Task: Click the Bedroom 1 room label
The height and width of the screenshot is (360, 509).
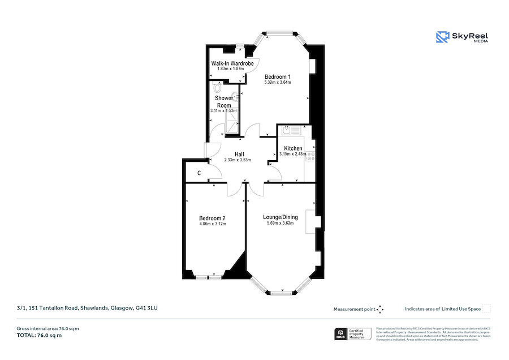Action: (x=277, y=76)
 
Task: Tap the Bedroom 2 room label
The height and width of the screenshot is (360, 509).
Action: (x=213, y=218)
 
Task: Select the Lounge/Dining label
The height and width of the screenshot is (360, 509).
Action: (x=281, y=217)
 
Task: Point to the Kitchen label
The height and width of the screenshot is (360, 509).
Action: (x=293, y=148)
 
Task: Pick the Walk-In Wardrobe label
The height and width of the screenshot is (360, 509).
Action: (x=232, y=63)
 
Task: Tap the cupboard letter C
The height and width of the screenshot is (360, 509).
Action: (x=199, y=173)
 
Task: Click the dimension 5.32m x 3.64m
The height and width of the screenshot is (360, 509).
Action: (x=277, y=83)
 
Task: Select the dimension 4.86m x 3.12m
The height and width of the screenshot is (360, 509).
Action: (x=213, y=224)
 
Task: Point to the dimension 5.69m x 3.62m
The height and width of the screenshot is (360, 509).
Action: (x=281, y=223)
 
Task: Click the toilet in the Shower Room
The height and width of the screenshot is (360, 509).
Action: (x=218, y=88)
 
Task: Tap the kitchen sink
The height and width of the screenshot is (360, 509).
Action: (x=288, y=131)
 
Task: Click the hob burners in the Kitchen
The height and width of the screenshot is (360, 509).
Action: (x=310, y=157)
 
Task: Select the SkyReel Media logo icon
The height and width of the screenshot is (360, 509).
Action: (x=442, y=37)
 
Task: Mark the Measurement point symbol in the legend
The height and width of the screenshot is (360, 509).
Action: (x=380, y=309)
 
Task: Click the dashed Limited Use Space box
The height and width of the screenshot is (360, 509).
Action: (x=486, y=308)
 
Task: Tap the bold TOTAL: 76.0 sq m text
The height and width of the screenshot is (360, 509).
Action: (x=39, y=336)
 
